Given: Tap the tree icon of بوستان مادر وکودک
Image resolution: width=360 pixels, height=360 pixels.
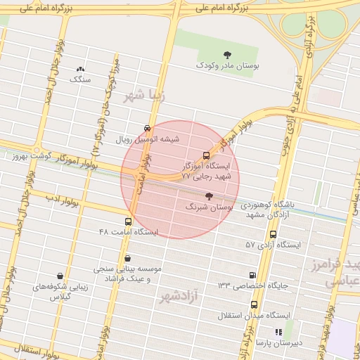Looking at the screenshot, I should [227, 54].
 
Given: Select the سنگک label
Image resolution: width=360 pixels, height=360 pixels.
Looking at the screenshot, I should [80, 79].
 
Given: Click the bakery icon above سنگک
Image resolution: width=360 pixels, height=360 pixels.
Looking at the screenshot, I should [80, 70].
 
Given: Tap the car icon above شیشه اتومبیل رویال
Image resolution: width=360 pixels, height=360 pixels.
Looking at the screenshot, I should [146, 129].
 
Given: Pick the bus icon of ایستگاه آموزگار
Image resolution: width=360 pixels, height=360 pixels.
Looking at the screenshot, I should [206, 155].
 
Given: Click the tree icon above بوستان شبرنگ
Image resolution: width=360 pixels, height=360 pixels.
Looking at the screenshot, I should [208, 196].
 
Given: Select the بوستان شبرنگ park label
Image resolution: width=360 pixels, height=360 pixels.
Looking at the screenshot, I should [208, 207].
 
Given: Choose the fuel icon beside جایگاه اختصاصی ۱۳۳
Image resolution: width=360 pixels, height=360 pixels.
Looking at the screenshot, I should [252, 275].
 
